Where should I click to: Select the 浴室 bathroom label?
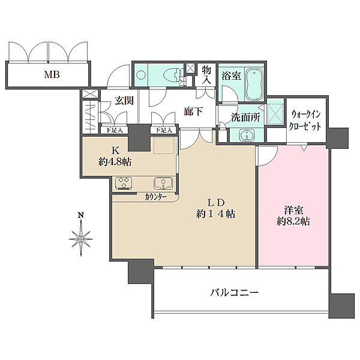(230, 76)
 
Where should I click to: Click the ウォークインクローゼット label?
(307, 121)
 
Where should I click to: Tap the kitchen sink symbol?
(162, 183)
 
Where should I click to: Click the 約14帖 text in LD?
(214, 214)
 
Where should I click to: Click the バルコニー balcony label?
(234, 293)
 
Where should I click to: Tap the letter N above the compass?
(80, 215)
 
